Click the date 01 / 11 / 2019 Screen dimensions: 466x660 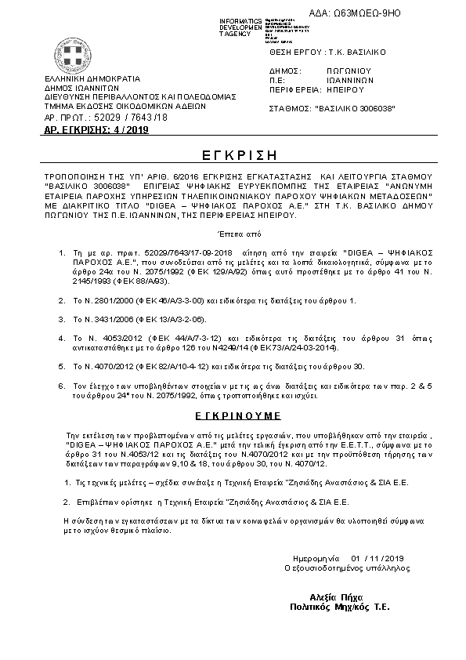[x=375, y=557]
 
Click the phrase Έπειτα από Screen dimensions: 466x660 [x=233, y=234]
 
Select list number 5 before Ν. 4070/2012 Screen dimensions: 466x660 [x=63, y=365]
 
